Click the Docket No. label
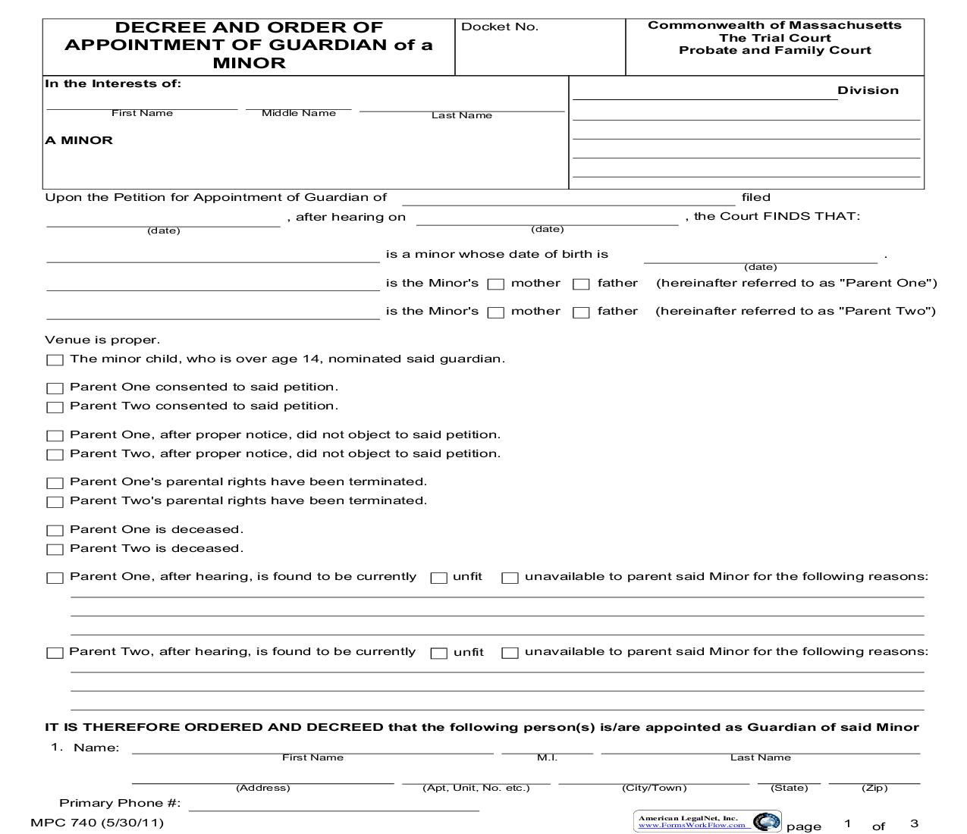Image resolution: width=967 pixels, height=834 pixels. tap(499, 27)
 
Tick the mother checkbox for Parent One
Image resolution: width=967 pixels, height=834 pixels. tap(496, 284)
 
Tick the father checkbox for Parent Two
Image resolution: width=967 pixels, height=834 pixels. tap(581, 312)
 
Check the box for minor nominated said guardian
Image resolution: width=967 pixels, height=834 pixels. tap(55, 360)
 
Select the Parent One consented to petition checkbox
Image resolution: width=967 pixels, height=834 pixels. tap(55, 388)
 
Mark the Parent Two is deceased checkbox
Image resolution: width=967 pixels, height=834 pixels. tap(55, 550)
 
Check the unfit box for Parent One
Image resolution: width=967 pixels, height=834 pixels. tap(438, 578)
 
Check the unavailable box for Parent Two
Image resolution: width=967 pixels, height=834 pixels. tap(510, 653)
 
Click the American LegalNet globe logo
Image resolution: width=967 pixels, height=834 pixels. tap(766, 821)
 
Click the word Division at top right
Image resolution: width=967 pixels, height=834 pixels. tap(868, 90)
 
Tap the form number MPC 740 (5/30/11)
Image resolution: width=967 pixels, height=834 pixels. tap(97, 823)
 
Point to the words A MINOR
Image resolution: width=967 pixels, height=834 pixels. tap(79, 140)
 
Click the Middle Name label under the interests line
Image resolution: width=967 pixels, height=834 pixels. tap(298, 113)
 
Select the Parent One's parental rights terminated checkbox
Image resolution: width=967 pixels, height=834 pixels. tap(55, 483)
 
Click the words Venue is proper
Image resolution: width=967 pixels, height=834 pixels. tap(102, 340)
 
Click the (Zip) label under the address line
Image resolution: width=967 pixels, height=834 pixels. tap(874, 788)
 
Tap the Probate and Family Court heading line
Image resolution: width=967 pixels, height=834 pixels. tap(774, 51)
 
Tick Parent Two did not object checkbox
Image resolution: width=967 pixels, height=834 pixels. tap(55, 455)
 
